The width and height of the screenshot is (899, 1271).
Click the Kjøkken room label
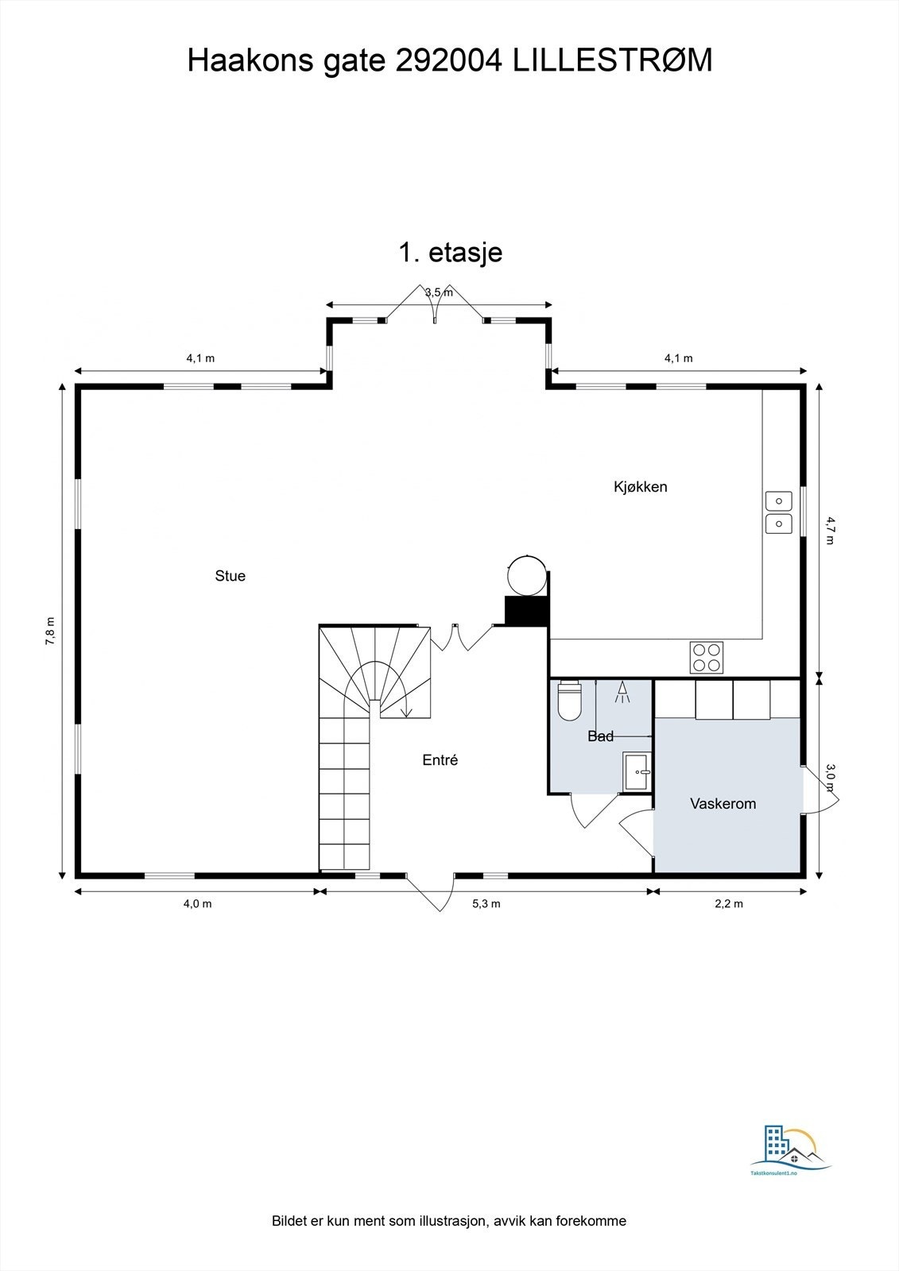coord(640,487)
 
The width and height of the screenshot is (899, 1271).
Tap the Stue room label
coord(230,576)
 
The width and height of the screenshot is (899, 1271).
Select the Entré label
coord(440,760)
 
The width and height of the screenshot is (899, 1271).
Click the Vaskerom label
coord(723,804)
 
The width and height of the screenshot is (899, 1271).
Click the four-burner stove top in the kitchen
coord(707,657)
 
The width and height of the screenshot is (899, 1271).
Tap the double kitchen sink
coord(778,512)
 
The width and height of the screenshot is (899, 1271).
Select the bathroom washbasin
coord(637,772)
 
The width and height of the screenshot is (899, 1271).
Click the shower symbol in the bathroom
coord(622,693)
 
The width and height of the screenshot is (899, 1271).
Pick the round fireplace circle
coord(527,575)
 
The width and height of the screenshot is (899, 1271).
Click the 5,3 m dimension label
coord(486,903)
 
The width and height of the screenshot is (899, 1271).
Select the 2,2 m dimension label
coord(729,903)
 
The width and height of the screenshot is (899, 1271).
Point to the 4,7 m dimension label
coord(830,530)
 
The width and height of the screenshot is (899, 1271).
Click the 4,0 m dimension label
coord(198,903)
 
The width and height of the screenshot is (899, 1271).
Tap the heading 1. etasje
coord(450,253)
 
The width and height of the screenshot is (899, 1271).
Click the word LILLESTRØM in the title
coord(612,61)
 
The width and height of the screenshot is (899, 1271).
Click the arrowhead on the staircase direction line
coord(406,712)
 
